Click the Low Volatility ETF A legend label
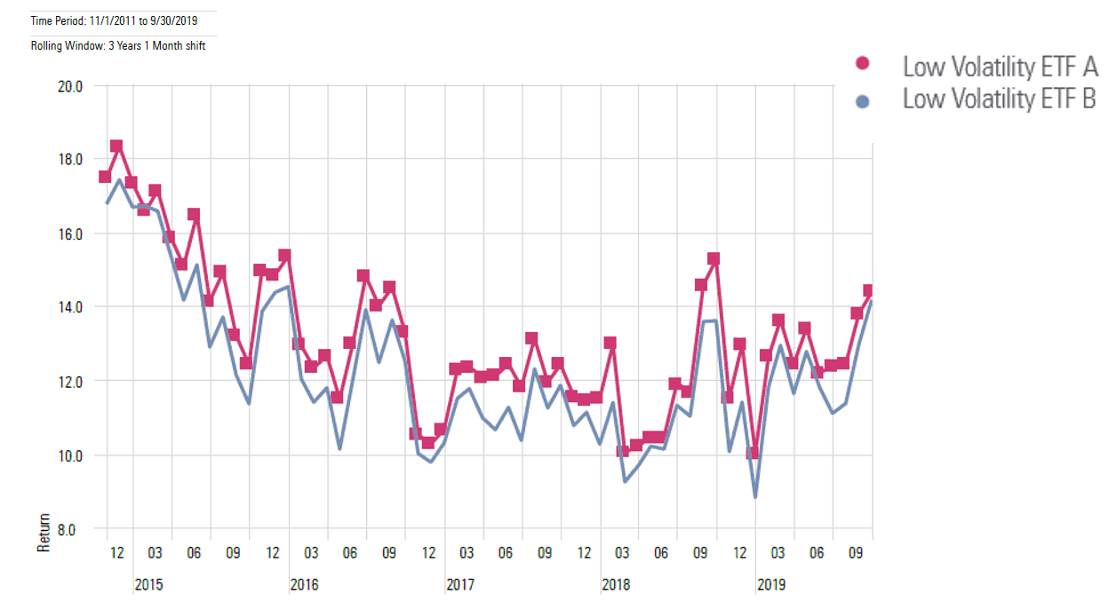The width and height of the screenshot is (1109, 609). (x=1000, y=67)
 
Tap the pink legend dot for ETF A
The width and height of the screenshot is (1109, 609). (x=860, y=64)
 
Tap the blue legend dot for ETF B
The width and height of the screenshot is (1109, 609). (x=860, y=101)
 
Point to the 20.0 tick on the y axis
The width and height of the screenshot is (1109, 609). (x=69, y=86)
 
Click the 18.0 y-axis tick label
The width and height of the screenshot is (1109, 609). (x=69, y=160)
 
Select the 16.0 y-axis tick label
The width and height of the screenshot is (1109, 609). (x=69, y=233)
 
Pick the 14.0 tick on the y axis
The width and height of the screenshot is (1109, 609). (x=69, y=307)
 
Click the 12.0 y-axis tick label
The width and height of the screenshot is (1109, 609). (x=69, y=381)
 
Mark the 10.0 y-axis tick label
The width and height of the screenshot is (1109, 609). (x=69, y=455)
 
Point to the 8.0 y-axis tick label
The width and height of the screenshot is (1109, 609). (x=72, y=529)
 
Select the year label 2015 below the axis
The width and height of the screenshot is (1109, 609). (x=148, y=585)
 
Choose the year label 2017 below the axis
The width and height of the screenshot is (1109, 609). (x=459, y=585)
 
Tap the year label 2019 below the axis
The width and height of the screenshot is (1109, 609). (x=770, y=585)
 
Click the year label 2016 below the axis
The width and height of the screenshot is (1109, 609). (x=304, y=585)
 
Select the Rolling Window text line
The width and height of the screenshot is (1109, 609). (x=118, y=45)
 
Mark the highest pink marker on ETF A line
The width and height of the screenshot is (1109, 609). (x=116, y=146)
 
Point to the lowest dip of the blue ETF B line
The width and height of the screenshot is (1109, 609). (x=755, y=496)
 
